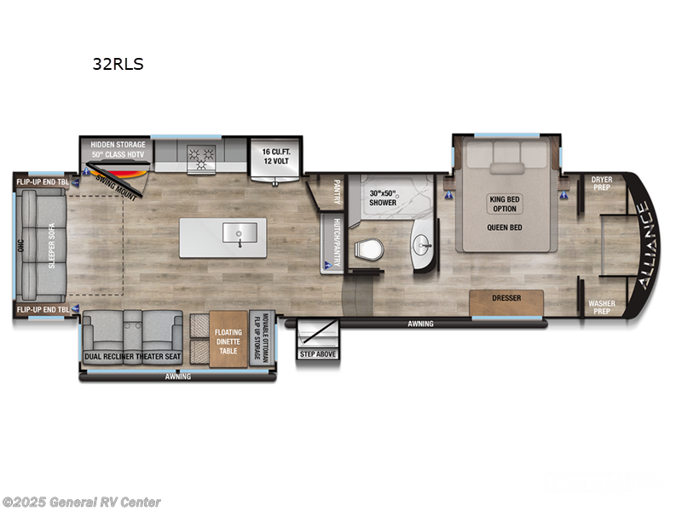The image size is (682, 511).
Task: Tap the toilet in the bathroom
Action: click(x=368, y=249)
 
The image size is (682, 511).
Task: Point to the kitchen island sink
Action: click(x=236, y=232)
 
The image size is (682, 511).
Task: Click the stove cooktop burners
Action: click(x=204, y=157)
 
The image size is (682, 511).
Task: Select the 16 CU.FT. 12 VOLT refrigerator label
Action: click(x=274, y=156)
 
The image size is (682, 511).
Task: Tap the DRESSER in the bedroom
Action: click(x=506, y=299)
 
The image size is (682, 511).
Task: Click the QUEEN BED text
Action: click(x=505, y=227)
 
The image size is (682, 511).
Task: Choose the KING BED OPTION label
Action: click(x=505, y=204)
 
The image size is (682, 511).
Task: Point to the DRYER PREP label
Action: click(x=602, y=183)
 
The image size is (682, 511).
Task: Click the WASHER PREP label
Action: click(x=602, y=307)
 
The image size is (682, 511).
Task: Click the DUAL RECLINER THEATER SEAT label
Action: click(x=132, y=357)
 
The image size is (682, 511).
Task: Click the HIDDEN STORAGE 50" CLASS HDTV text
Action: click(x=118, y=149)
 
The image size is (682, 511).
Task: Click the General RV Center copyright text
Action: click(x=81, y=502)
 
